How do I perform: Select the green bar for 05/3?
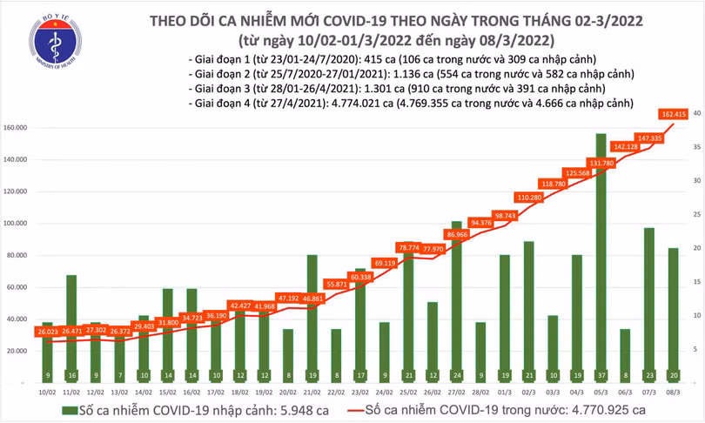point(601,261)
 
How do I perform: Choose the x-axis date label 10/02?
point(47,393)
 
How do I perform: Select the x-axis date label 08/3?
point(673,393)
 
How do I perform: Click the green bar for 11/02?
point(71,331)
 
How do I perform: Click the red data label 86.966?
point(456,235)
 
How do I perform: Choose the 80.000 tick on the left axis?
point(18,256)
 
